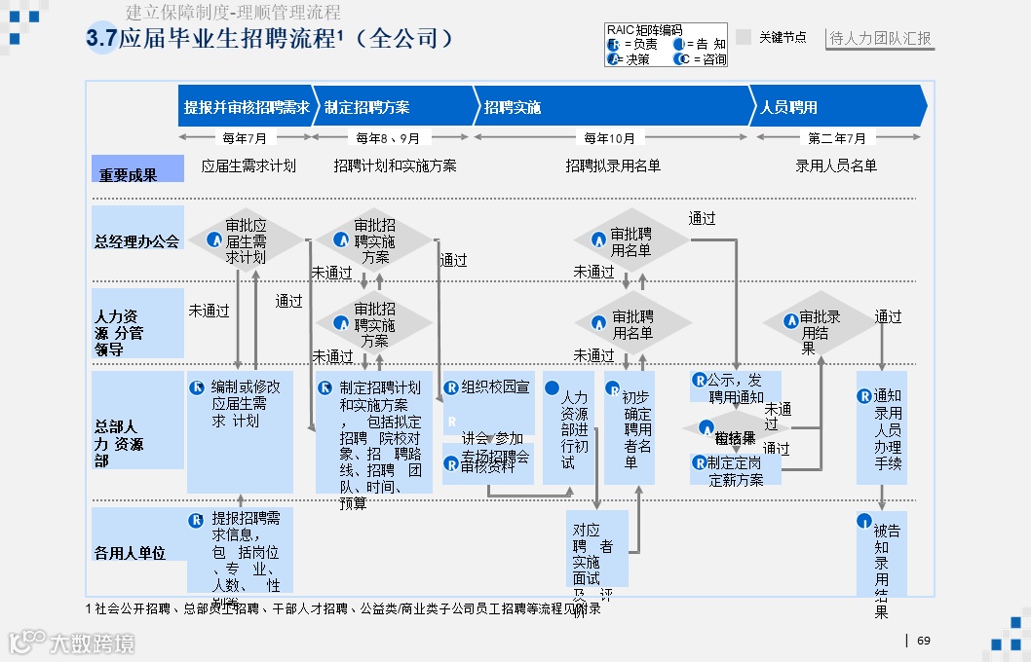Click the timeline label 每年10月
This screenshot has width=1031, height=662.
click(x=610, y=138)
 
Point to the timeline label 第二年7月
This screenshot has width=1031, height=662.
click(x=837, y=138)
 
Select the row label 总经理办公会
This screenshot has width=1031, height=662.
click(x=137, y=240)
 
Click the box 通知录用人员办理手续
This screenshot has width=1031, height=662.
click(x=881, y=427)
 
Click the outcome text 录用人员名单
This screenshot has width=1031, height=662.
click(x=836, y=165)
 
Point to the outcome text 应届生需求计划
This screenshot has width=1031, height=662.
click(x=248, y=165)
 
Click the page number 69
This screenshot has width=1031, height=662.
click(x=924, y=641)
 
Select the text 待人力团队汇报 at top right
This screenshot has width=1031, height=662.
click(x=880, y=39)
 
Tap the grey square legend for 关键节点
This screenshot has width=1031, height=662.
click(x=744, y=37)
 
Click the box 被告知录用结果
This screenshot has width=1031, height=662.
click(x=881, y=555)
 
